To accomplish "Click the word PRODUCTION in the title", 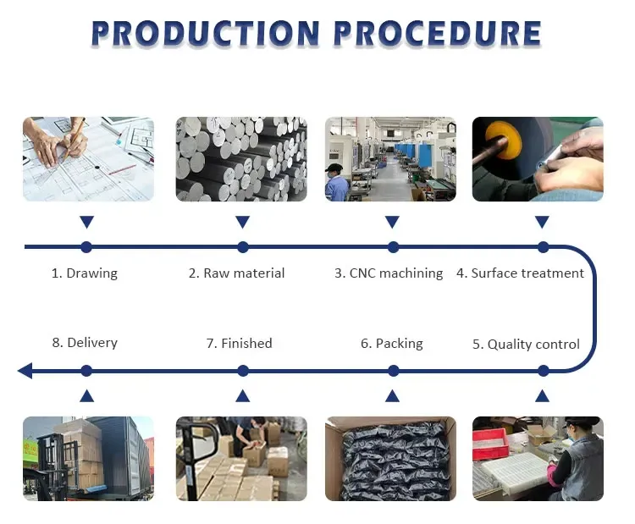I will (x=205, y=34).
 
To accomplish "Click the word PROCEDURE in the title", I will (x=437, y=34).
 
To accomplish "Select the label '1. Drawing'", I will (x=85, y=273).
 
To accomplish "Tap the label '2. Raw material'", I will (x=236, y=273).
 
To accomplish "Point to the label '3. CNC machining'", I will (x=389, y=273).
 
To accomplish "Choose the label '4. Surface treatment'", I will (x=520, y=273).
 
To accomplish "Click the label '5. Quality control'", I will (x=526, y=344).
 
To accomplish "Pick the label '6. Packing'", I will (x=391, y=343).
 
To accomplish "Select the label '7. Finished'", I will (x=240, y=343).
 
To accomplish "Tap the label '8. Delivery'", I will (x=85, y=343).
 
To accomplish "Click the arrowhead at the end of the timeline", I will (x=25, y=371).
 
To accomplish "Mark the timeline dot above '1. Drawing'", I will (x=86, y=247).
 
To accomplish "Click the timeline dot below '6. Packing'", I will (x=393, y=371).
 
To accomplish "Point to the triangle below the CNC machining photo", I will (x=392, y=223).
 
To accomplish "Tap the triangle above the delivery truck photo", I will (x=86, y=395).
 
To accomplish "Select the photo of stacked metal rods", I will (x=240, y=159).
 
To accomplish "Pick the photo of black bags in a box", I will (x=390, y=458).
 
